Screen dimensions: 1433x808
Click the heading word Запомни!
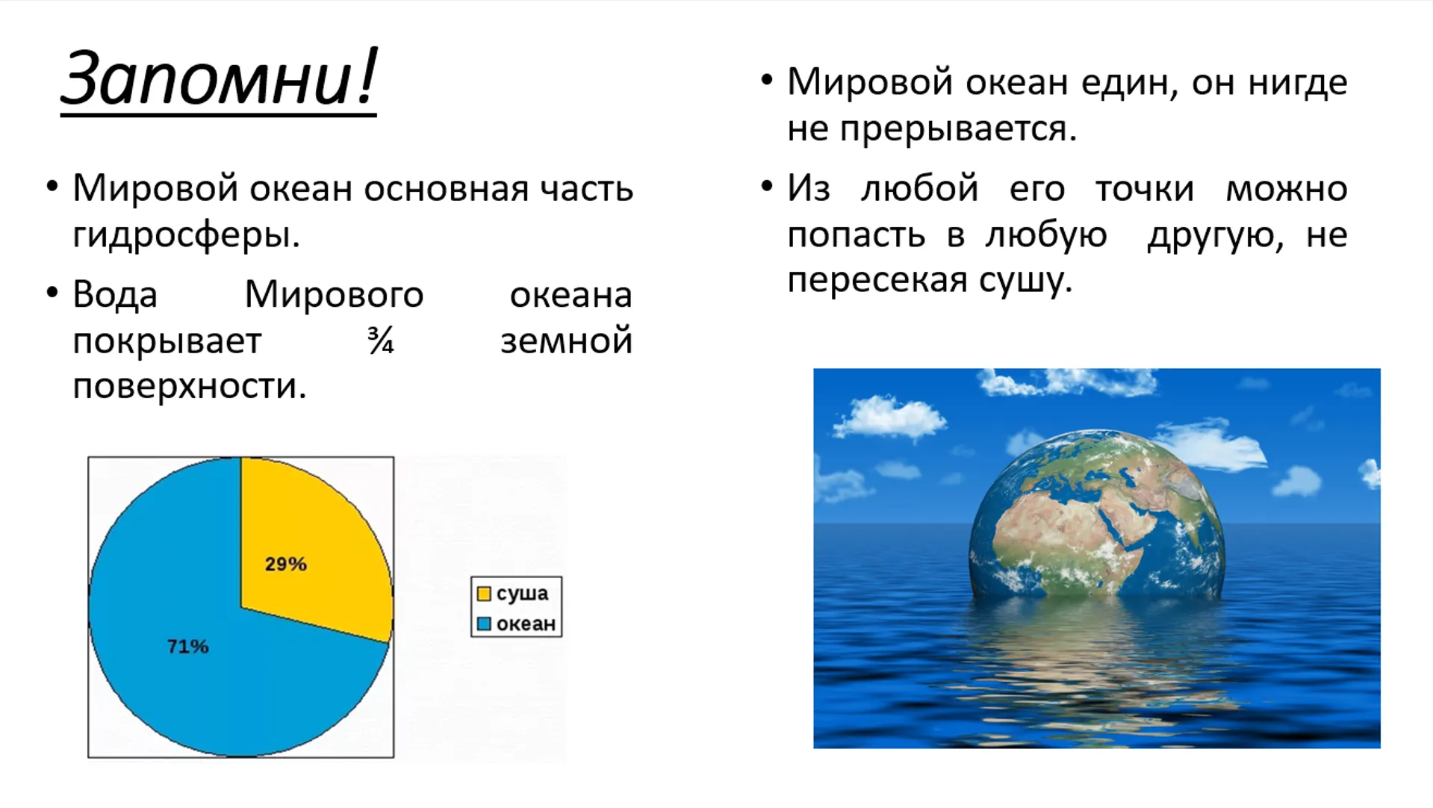[x=219, y=78]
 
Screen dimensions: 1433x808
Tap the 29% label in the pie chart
[x=286, y=564]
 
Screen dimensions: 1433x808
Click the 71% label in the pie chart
[x=187, y=646]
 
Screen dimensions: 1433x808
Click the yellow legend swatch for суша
[x=484, y=594]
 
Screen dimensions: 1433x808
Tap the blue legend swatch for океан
[x=484, y=624]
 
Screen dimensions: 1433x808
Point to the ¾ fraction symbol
[x=381, y=341]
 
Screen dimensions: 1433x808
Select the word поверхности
[x=190, y=387]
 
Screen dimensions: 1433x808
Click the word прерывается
[x=958, y=129]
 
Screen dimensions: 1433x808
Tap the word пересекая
[x=877, y=281]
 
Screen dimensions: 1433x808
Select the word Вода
[x=115, y=295]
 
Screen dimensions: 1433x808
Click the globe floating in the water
[x=1096, y=515]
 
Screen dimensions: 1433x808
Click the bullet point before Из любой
[x=767, y=187]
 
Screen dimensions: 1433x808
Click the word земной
[x=566, y=341]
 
